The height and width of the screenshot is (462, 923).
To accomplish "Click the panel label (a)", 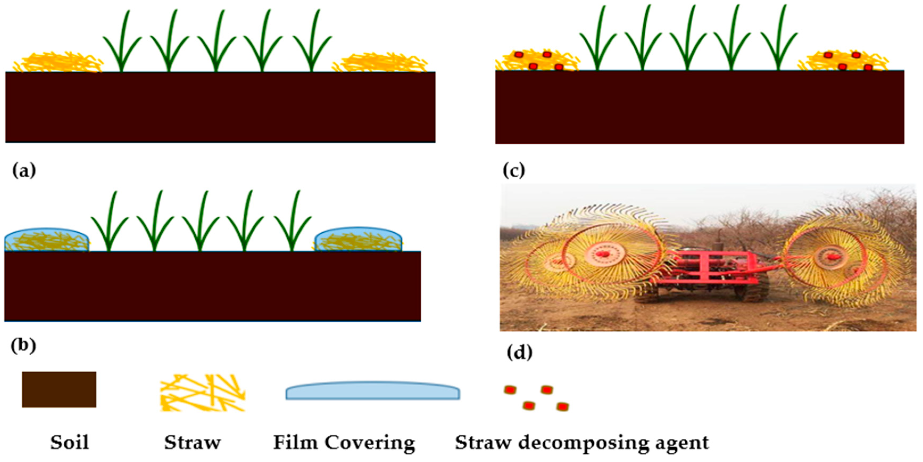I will click(24, 170).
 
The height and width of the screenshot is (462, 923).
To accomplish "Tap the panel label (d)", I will click(519, 353).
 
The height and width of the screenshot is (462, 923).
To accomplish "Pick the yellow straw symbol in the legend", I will click(202, 393).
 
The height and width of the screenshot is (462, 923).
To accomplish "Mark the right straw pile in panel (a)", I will click(381, 63).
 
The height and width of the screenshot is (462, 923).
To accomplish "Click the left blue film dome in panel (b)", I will click(47, 239).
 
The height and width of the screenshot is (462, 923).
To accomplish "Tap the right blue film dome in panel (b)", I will click(358, 239).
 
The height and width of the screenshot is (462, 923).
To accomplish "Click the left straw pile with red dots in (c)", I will click(537, 60).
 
